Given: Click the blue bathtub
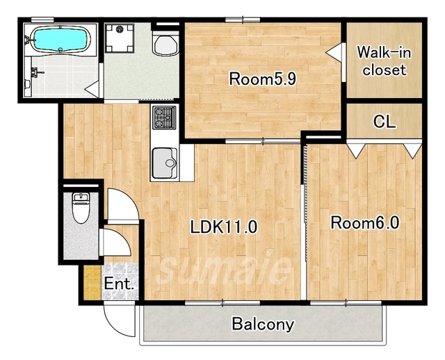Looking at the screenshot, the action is pos(60,40).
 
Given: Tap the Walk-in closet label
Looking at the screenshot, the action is pos(384,61).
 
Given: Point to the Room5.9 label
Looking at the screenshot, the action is pos(263,79).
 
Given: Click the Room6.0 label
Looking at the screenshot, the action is pos(365,222).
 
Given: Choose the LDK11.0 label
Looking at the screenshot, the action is pos(224,227).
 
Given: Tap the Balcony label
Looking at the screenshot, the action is pos(263,325).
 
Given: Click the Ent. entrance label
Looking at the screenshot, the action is pos(119,284).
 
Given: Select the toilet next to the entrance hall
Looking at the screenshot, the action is pos(81,207).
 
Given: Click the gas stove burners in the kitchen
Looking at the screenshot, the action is pos(164,117).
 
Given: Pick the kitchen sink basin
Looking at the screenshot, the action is pos(165,163).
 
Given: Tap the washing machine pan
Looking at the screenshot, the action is pos(120,38).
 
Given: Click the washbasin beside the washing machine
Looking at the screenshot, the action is pos(165,44).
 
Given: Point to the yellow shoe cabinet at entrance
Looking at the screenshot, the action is pos(92,282).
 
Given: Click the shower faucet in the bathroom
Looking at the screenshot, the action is pos(37,72).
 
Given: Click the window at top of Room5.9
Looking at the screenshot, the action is pos(243,20).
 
